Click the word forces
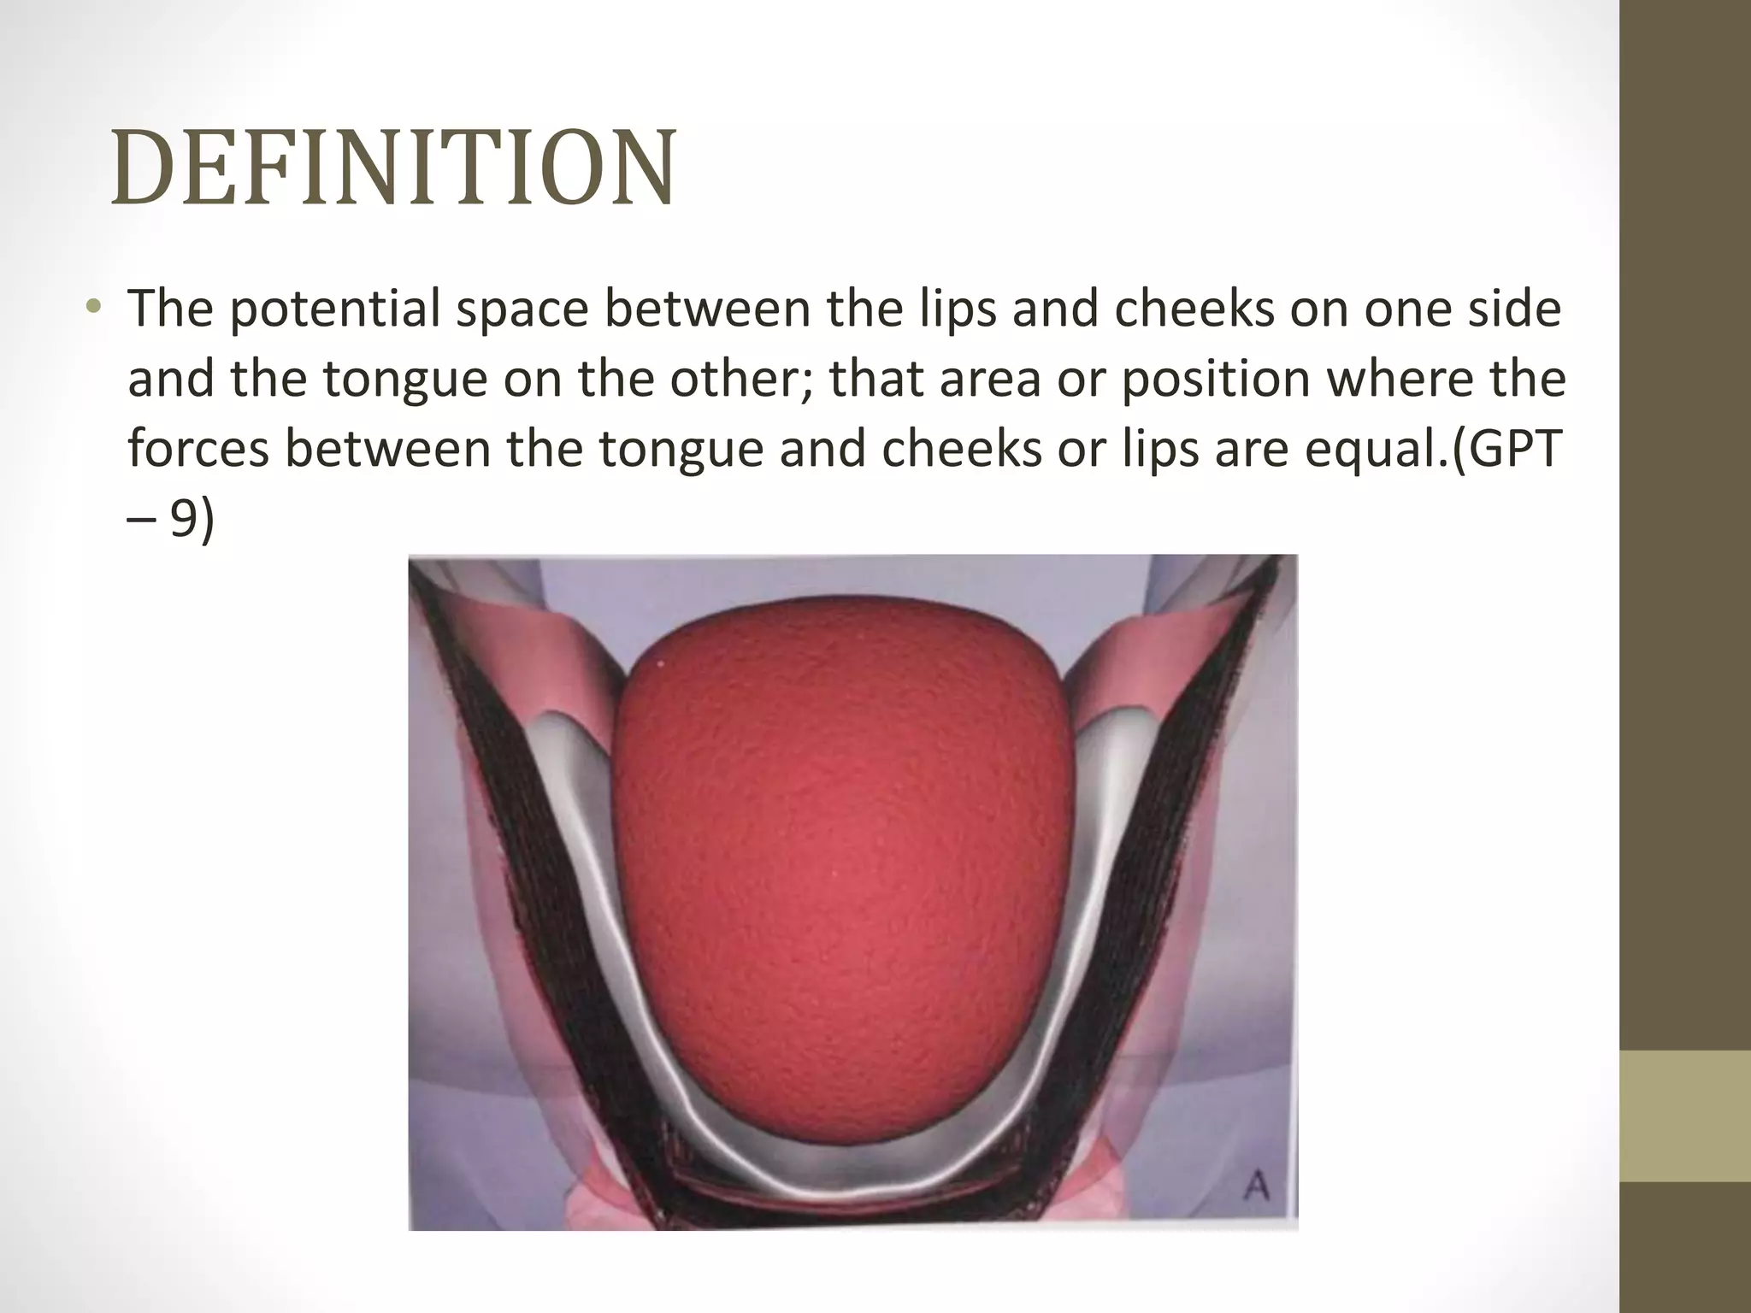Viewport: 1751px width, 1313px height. coord(198,449)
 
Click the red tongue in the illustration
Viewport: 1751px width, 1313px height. coord(842,855)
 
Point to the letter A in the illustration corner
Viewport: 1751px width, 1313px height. coord(1255,1186)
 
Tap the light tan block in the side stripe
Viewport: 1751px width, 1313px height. coord(1685,1116)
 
